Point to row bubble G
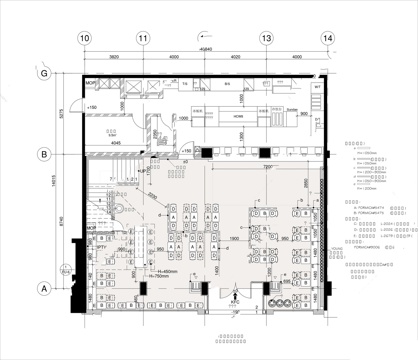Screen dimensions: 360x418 click(44, 74)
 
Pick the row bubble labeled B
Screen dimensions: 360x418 click(44, 154)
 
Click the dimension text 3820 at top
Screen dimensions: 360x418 click(114, 58)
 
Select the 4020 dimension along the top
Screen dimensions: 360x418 click(236, 58)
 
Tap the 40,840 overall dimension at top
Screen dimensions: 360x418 click(206, 49)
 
